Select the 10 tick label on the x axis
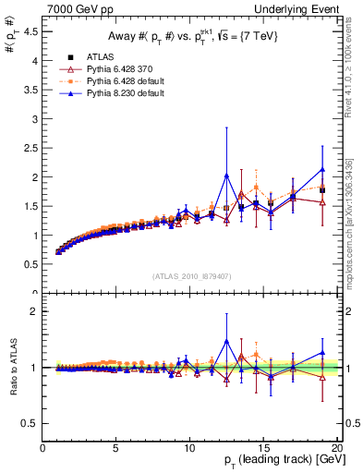coord(188,450)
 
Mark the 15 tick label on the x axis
coord(261,450)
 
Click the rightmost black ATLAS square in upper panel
coord(322,190)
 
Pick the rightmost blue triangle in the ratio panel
coord(322,352)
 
